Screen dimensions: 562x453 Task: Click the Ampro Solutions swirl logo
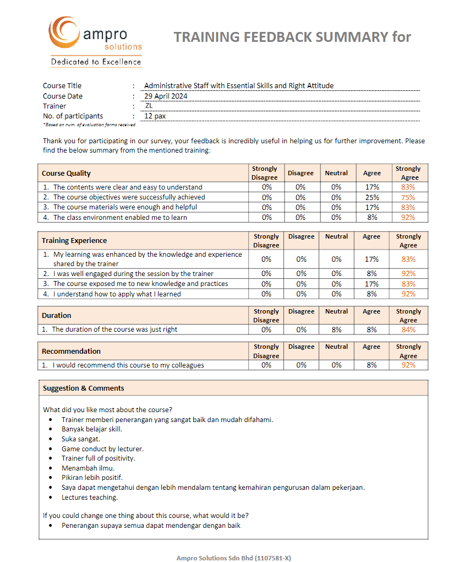coord(65,33)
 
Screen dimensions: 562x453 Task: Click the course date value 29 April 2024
coord(166,96)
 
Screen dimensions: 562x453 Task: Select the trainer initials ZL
coord(149,106)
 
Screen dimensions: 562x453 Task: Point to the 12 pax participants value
coord(155,116)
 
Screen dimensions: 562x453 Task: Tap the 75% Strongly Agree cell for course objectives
coord(408,197)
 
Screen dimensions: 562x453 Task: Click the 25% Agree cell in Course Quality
coord(372,197)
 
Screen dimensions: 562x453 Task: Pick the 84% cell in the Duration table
coord(408,329)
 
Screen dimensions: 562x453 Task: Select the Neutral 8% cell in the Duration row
coord(336,329)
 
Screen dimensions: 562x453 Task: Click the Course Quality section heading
coord(67,173)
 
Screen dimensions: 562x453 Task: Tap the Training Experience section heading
coord(74,240)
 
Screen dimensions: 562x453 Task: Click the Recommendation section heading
coord(71,351)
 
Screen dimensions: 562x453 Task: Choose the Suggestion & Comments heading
coord(84,388)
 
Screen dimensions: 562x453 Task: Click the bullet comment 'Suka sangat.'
coord(81,439)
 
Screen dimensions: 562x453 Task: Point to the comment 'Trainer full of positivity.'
coord(98,458)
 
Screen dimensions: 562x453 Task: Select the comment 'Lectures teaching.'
coord(90,498)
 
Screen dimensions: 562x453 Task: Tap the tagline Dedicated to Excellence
coord(96,62)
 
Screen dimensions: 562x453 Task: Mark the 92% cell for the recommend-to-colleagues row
coord(408,365)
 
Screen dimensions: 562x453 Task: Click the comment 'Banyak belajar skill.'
coord(92,429)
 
